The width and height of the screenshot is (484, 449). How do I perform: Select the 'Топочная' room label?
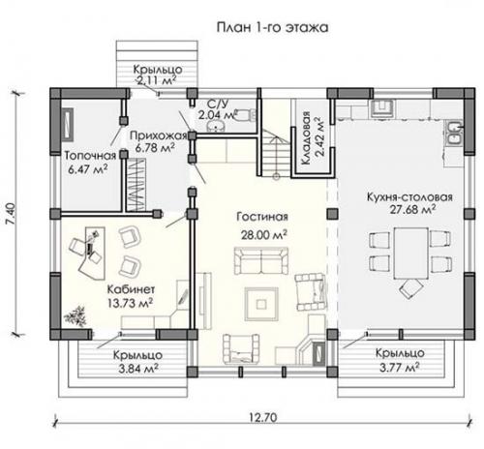tap(90, 155)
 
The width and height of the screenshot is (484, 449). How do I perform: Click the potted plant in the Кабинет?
tap(74, 314)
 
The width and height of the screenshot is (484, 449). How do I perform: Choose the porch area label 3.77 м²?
tap(397, 368)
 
